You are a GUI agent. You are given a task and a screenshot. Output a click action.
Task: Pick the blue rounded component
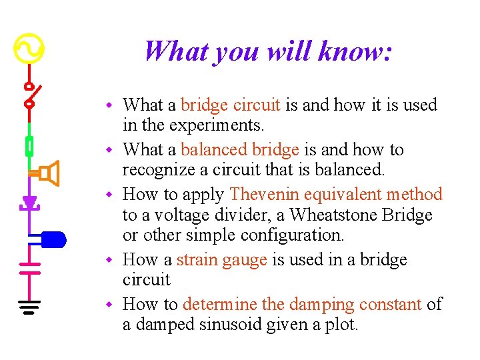(53, 239)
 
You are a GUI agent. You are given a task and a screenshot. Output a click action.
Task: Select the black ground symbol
(29, 307)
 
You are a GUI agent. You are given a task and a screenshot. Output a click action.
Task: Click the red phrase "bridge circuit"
(231, 105)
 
